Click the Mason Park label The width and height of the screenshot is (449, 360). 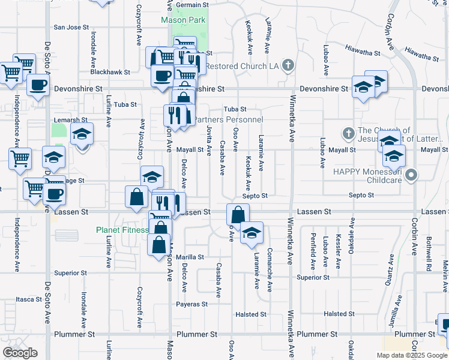coord(183,20)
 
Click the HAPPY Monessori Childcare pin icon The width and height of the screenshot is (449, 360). coord(411,175)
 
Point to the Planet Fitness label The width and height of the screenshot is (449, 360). coord(122,230)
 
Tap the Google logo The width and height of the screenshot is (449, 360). coord(19,353)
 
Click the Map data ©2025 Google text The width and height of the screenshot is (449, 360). coord(411,355)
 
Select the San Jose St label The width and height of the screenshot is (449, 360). coord(71,28)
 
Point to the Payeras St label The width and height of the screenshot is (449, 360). coord(191,304)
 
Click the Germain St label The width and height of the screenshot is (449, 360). coord(184,5)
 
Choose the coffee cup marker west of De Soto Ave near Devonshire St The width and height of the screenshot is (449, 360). coord(38,85)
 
